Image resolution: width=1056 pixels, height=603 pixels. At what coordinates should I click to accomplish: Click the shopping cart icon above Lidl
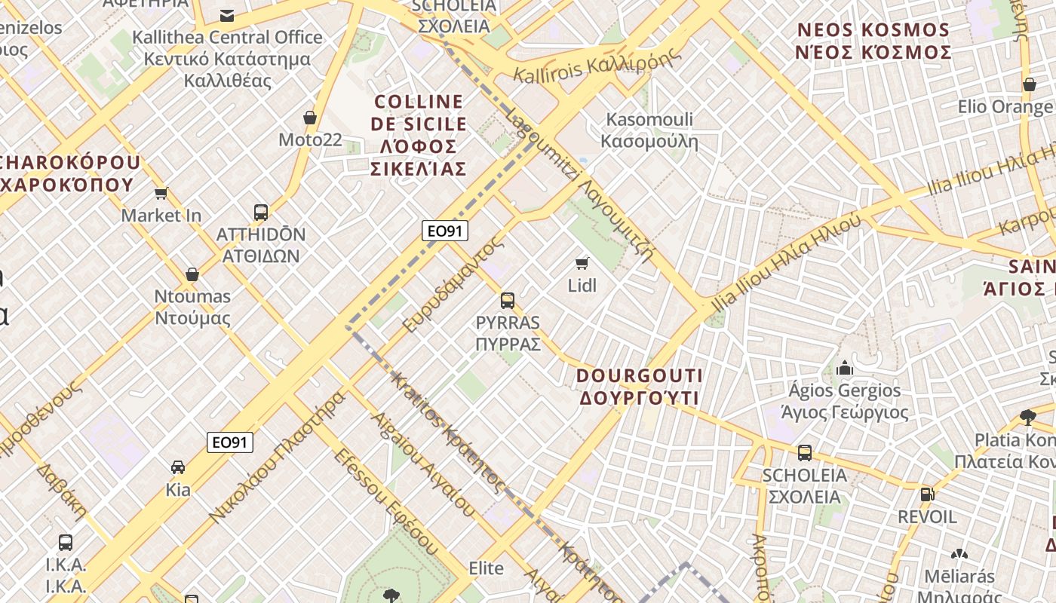pyautogui.click(x=582, y=263)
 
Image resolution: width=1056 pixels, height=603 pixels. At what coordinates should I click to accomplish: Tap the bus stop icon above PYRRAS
pyautogui.click(x=508, y=301)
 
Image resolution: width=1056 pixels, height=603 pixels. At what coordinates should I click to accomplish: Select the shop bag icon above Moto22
pyautogui.click(x=309, y=118)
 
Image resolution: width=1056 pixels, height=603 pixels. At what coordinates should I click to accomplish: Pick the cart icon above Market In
pyautogui.click(x=161, y=194)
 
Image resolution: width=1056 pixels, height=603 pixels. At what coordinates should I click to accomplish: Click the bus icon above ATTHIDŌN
pyautogui.click(x=261, y=213)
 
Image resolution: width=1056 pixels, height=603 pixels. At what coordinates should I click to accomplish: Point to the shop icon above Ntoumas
pyautogui.click(x=192, y=274)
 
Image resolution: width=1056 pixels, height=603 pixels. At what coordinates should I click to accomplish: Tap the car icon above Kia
pyautogui.click(x=178, y=467)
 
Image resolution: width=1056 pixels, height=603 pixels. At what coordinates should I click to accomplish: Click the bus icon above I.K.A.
pyautogui.click(x=66, y=542)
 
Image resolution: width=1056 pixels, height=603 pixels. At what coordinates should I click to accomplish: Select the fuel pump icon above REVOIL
pyautogui.click(x=927, y=494)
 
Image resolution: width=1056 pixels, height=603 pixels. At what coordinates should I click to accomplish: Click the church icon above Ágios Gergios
pyautogui.click(x=844, y=368)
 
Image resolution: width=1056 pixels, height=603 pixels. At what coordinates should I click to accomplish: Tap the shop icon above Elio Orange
pyautogui.click(x=1029, y=84)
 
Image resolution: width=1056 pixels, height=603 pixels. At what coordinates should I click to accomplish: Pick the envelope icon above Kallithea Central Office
pyautogui.click(x=226, y=15)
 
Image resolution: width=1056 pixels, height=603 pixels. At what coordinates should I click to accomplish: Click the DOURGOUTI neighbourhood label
pyautogui.click(x=639, y=386)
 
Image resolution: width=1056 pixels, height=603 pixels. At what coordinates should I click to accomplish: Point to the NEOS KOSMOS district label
pyautogui.click(x=873, y=41)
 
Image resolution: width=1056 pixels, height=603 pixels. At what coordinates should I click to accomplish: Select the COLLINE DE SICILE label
pyautogui.click(x=419, y=135)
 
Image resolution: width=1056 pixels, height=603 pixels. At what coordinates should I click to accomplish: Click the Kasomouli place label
pyautogui.click(x=649, y=130)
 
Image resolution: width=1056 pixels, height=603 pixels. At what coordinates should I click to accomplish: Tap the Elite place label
pyautogui.click(x=486, y=568)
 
